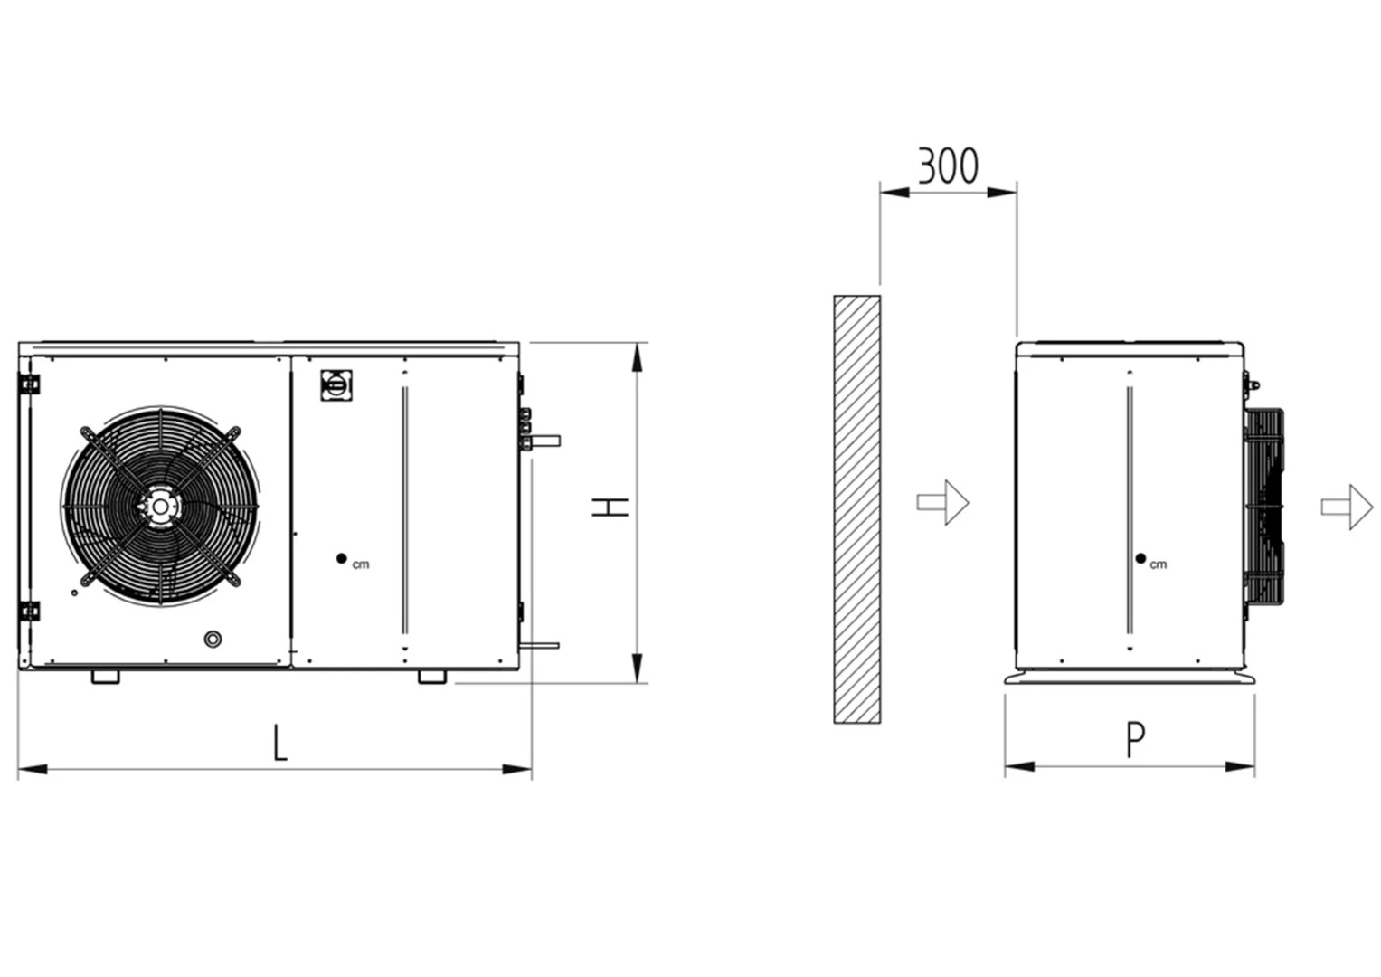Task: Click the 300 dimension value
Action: click(948, 166)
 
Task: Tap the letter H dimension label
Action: click(610, 507)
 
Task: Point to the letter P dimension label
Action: click(1136, 740)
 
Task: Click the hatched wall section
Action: click(857, 508)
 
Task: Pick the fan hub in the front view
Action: click(160, 507)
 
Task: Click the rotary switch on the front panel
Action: click(336, 384)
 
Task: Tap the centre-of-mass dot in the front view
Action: click(342, 559)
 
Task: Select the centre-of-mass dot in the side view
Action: click(1140, 559)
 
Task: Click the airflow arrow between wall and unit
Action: click(942, 502)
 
